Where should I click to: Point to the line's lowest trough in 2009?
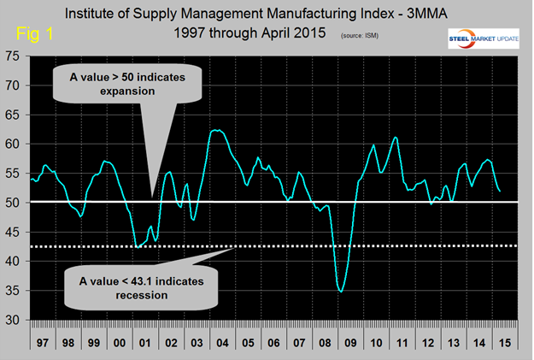341,292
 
